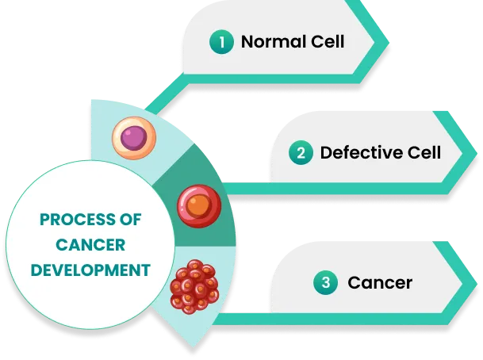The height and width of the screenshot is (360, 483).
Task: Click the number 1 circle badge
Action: [222, 42]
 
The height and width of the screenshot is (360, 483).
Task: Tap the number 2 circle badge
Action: [301, 153]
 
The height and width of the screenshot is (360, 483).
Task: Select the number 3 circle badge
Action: [326, 281]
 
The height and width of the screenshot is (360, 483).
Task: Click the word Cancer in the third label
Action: [380, 281]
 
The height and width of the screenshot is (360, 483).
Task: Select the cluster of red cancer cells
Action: [194, 285]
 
